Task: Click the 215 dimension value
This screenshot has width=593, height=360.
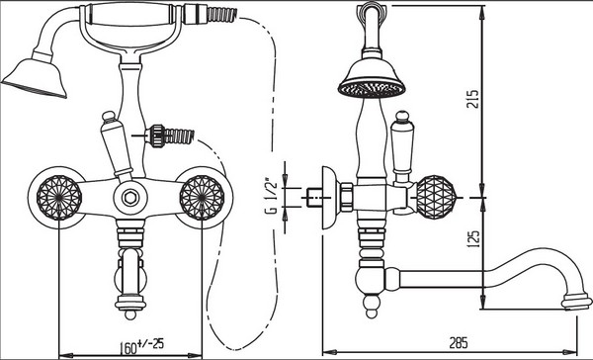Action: click(x=472, y=98)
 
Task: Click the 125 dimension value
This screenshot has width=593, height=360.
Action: click(x=472, y=238)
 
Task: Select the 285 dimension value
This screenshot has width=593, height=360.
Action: click(x=459, y=342)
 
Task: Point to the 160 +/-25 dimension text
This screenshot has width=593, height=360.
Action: click(x=141, y=345)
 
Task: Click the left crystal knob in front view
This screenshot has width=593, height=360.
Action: click(x=59, y=198)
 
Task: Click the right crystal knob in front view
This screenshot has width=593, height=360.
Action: click(x=202, y=198)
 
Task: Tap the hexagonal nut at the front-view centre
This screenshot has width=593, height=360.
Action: click(x=130, y=197)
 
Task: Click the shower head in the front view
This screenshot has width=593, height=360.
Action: click(x=36, y=77)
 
